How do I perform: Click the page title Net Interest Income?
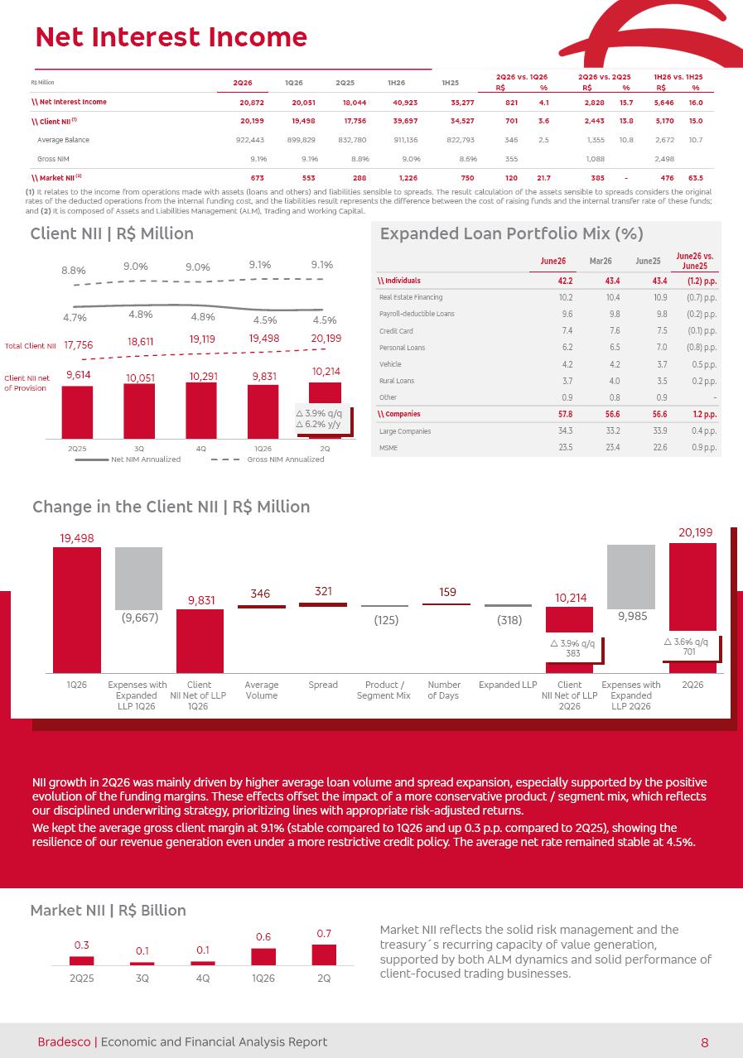coord(171,37)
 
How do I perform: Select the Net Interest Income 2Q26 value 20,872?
coord(252,103)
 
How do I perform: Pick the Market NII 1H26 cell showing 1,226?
coord(408,178)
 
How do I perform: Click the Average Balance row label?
coord(63,140)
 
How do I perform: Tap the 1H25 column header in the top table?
coord(450,83)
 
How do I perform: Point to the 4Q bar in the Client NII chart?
coord(201,411)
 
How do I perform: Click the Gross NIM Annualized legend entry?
coord(268,459)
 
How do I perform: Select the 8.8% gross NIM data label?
coord(74,271)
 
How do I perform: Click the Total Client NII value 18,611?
coord(140,341)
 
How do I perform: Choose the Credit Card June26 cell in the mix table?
coord(567,330)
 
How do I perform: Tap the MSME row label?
coord(388,448)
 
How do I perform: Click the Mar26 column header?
coord(601,262)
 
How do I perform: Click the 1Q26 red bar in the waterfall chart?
coord(77,610)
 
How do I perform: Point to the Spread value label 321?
coord(323,591)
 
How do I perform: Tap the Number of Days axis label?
coord(444,690)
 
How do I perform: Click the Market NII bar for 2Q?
coord(324,955)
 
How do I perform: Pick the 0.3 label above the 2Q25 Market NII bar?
coord(82,945)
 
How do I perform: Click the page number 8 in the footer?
coord(705,1042)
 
